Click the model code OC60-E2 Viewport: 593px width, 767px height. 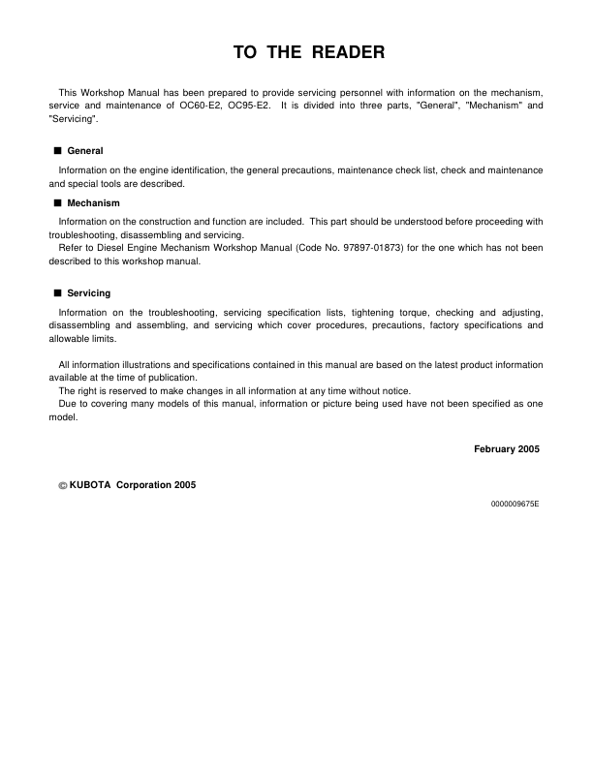192,105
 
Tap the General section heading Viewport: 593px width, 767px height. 85,151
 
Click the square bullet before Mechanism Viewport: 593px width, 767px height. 57,203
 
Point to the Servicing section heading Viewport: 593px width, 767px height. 88,292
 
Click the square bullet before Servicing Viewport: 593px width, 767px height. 57,292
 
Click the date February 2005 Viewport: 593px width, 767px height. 507,448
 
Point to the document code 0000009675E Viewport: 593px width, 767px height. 515,505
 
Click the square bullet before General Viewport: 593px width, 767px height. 57,151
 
